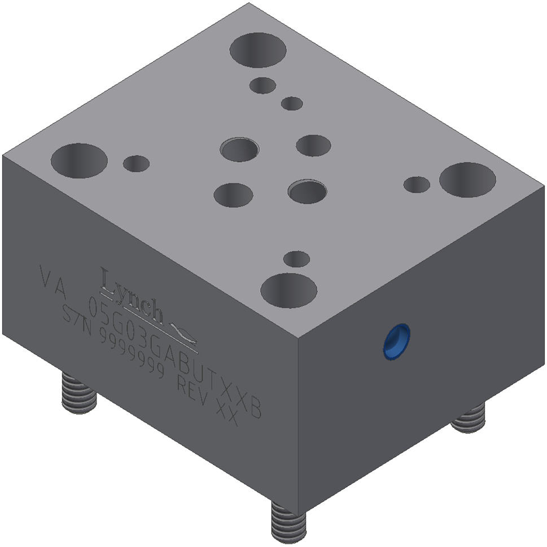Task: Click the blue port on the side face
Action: [396, 341]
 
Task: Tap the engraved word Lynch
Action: [132, 294]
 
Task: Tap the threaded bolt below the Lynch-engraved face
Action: [79, 392]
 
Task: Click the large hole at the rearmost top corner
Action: [257, 50]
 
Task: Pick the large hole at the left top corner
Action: [79, 160]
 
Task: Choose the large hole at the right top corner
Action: [467, 180]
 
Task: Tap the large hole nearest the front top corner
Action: [288, 291]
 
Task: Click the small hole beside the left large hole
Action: [136, 163]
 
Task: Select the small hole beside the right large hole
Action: [417, 184]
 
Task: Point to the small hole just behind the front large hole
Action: [296, 259]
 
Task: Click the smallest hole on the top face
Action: [292, 103]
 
